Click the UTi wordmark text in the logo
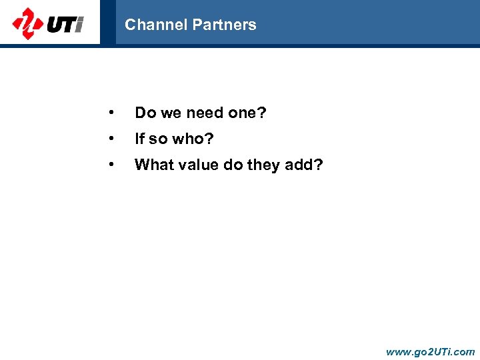point(65,25)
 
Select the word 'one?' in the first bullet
point(247,113)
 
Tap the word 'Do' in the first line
point(144,113)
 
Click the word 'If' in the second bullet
point(139,139)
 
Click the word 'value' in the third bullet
point(196,165)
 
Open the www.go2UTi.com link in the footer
point(430,351)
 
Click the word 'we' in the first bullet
point(170,113)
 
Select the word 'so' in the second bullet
point(158,139)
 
